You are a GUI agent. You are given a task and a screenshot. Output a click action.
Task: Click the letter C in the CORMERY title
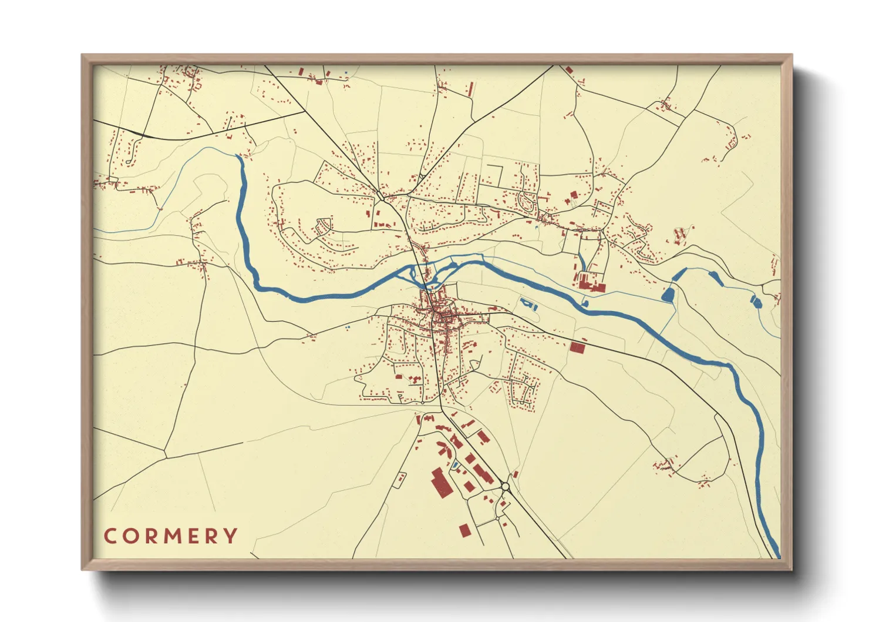[x=110, y=536]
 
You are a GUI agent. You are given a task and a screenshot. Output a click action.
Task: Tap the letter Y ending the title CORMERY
[x=232, y=536]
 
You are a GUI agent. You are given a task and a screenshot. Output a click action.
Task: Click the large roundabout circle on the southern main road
[x=506, y=487]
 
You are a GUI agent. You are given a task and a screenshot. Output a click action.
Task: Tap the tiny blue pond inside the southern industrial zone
[x=455, y=466]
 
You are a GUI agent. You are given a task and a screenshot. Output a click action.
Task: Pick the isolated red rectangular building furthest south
[x=464, y=531]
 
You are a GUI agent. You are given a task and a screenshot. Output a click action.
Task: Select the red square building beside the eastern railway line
[x=578, y=347]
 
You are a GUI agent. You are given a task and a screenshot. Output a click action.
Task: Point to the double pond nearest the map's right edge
[x=756, y=302]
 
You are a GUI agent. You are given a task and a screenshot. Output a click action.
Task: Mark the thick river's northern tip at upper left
[x=238, y=157]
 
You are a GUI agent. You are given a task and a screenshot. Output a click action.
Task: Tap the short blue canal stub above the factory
[x=581, y=262]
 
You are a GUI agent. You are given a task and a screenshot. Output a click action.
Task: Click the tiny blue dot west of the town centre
[x=347, y=327]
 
